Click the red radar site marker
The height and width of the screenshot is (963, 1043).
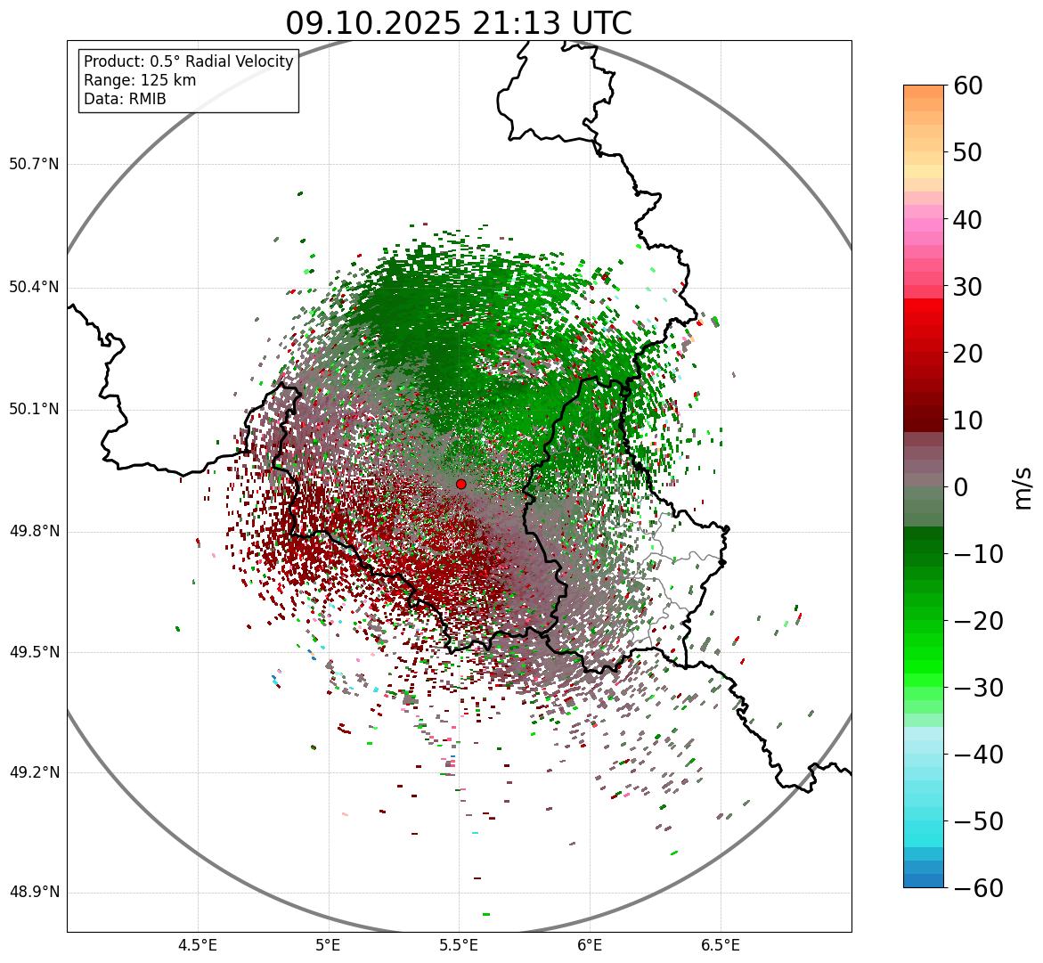point(460,484)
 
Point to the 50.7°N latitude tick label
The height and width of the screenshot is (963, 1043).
point(34,165)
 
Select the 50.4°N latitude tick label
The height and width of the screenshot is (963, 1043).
point(34,288)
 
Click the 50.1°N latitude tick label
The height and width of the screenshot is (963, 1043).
point(34,410)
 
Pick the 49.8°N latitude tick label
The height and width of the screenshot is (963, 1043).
point(34,532)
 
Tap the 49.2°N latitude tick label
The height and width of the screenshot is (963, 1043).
point(34,772)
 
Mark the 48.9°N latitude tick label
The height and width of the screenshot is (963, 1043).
point(34,893)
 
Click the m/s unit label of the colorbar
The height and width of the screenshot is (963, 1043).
point(1023,486)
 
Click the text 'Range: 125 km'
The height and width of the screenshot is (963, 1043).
point(140,80)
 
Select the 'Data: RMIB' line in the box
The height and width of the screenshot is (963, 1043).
point(125,99)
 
